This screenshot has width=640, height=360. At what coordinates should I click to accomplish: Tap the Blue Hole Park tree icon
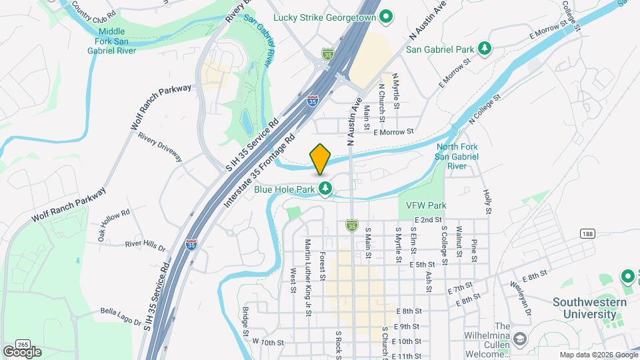pos(325,189)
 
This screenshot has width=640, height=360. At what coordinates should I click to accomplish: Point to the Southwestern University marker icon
pos(627,275)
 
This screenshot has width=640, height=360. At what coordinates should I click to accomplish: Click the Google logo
pos(22,351)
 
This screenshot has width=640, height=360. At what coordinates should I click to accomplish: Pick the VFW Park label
pos(421,205)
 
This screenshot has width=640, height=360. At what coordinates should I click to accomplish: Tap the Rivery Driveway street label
pos(160,145)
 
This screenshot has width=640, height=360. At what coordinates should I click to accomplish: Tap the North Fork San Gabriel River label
pos(457,156)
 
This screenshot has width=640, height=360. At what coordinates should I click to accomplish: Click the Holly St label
pos(488,200)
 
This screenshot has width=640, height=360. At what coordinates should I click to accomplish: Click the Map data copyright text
pos(598,355)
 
